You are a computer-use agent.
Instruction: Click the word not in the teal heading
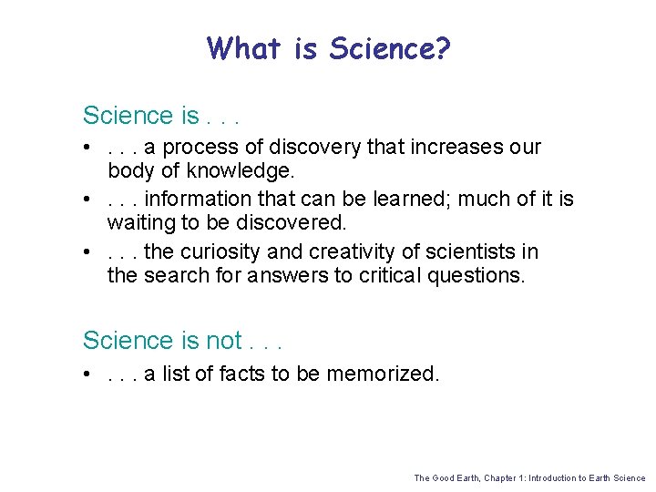tap(224, 341)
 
